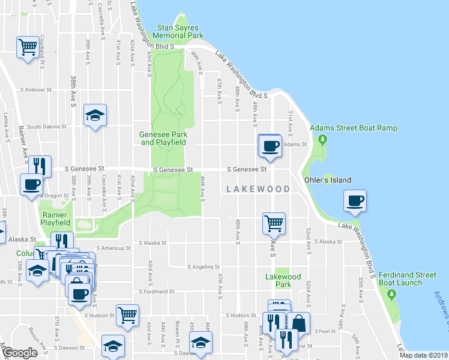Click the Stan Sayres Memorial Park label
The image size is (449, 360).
pyautogui.click(x=178, y=31)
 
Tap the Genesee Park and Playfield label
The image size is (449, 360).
pyautogui.click(x=163, y=139)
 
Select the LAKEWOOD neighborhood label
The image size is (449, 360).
pyautogui.click(x=258, y=189)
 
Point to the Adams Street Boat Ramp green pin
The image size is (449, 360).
pyautogui.click(x=322, y=140)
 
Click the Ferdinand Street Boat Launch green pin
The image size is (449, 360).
pyautogui.click(x=392, y=294)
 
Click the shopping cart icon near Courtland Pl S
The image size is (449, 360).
pyautogui.click(x=28, y=46)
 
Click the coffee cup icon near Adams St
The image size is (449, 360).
pyautogui.click(x=270, y=145)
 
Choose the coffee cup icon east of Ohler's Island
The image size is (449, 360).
pyautogui.click(x=355, y=200)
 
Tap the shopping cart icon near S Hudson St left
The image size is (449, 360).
pyautogui.click(x=127, y=315)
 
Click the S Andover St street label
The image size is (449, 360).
pyautogui.click(x=36, y=90)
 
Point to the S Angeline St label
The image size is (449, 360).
pyautogui.click(x=203, y=266)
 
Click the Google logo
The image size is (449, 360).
pyautogui.click(x=20, y=353)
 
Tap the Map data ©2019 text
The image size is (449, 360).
pyautogui.click(x=423, y=355)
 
